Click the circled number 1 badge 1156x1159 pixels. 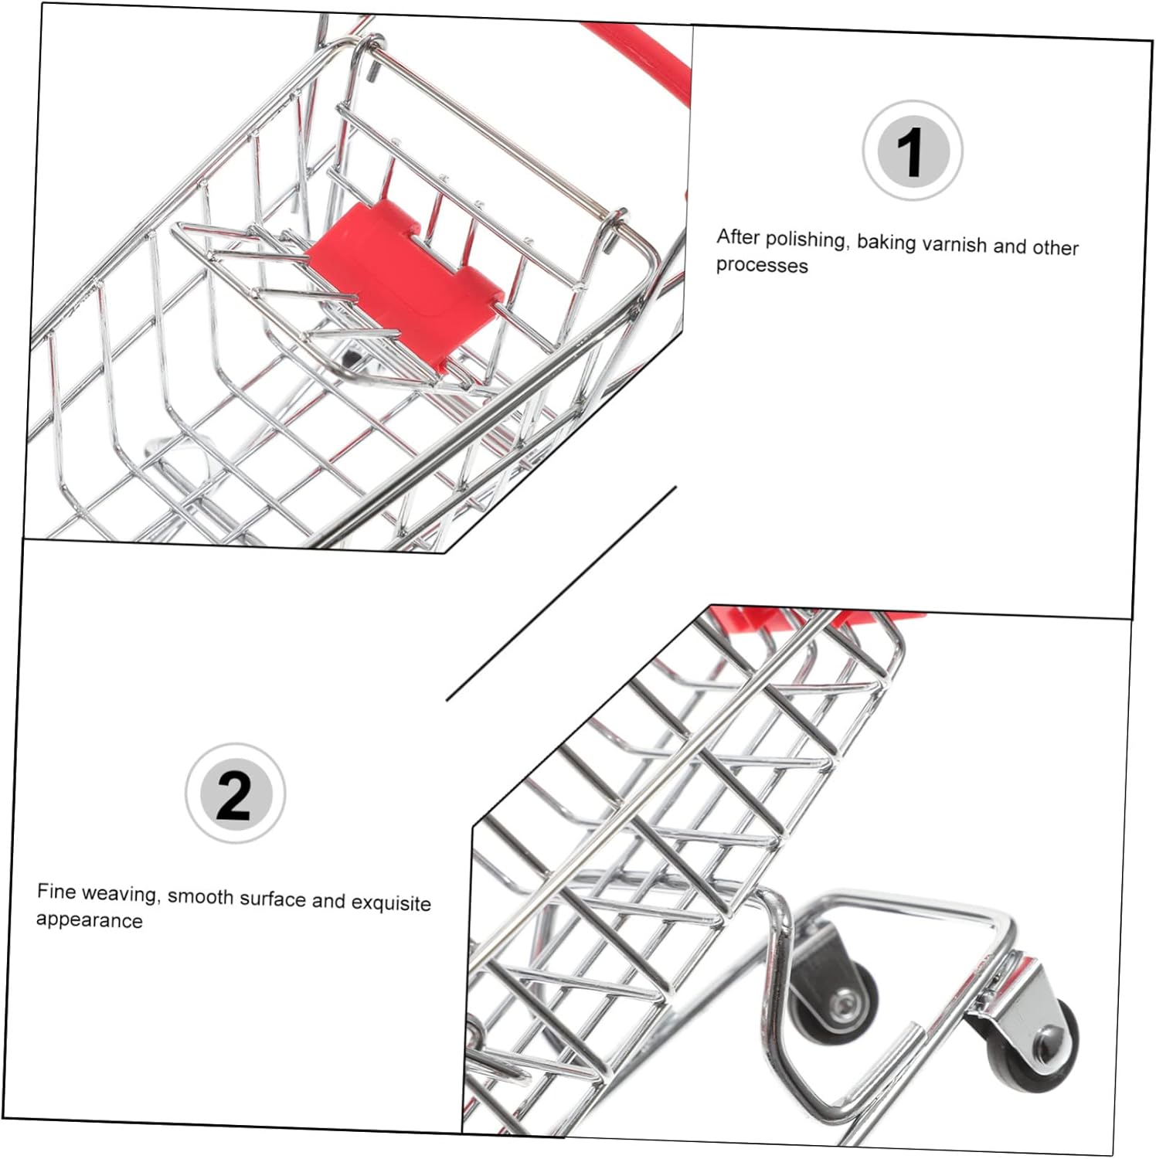click(x=912, y=151)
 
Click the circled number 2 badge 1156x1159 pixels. click(x=235, y=794)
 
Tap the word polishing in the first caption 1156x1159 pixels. click(x=806, y=240)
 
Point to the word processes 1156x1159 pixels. click(x=762, y=265)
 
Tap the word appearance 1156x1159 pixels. click(x=89, y=920)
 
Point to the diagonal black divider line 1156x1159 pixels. click(x=562, y=593)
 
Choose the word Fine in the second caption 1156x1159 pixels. click(x=56, y=892)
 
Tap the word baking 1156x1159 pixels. click(x=886, y=243)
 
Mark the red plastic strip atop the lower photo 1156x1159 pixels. click(x=819, y=616)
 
